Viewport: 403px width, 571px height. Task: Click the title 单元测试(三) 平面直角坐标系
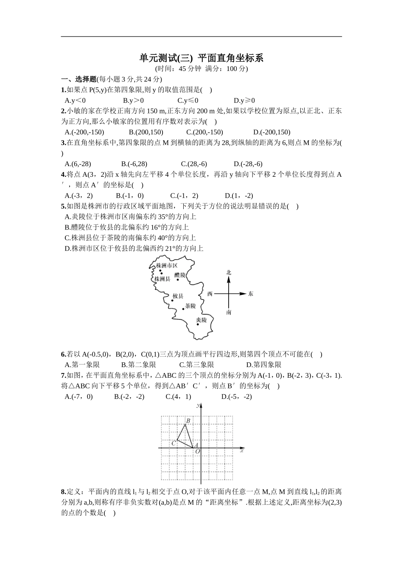[x=201, y=58]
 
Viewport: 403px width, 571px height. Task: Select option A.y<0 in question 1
[x=75, y=101]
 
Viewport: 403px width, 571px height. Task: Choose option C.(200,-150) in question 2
[x=204, y=132]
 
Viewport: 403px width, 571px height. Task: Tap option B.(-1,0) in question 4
[x=129, y=196]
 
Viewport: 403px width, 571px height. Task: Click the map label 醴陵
[x=180, y=275]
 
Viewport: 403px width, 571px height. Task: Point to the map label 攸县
[x=178, y=296]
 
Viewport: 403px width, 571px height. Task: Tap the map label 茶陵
[x=190, y=306]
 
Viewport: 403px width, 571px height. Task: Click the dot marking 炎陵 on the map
[x=198, y=325]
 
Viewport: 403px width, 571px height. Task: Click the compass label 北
[x=229, y=272]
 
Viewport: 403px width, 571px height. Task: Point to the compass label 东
[x=251, y=294]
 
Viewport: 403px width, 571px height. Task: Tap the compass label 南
[x=229, y=313]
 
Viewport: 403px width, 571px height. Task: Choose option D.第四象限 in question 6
[x=263, y=365]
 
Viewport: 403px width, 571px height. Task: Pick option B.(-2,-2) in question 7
[x=129, y=397]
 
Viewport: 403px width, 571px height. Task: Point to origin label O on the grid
[x=198, y=452]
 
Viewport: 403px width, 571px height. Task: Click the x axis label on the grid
[x=242, y=451]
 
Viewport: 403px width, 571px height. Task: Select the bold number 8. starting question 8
[x=64, y=492]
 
